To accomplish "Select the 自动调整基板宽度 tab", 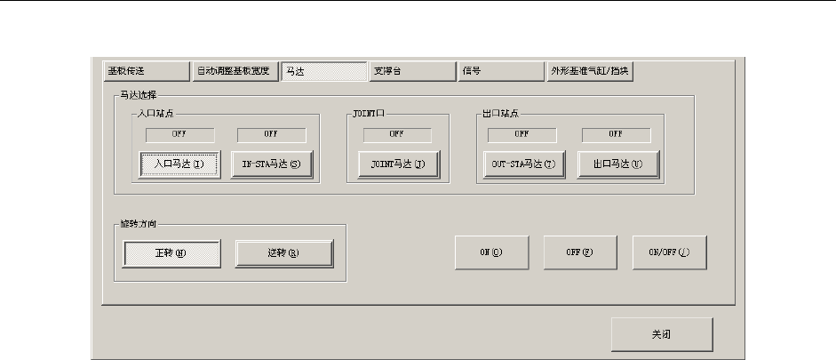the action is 235,70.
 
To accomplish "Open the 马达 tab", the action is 323,70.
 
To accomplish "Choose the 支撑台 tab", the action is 412,70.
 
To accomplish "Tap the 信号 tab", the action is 500,70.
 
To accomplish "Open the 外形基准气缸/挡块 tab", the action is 589,70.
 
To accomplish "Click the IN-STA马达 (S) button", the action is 272,164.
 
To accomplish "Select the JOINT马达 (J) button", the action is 397,164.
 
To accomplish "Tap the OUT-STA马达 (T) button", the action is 524,164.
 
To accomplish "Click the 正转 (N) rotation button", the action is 171,253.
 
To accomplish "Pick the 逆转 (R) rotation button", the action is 283,253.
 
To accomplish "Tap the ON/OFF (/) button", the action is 670,252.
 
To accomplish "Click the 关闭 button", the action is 661,335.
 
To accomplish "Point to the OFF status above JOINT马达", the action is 397,134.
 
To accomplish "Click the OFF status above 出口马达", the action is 615,134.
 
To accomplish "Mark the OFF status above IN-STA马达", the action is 271,134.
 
